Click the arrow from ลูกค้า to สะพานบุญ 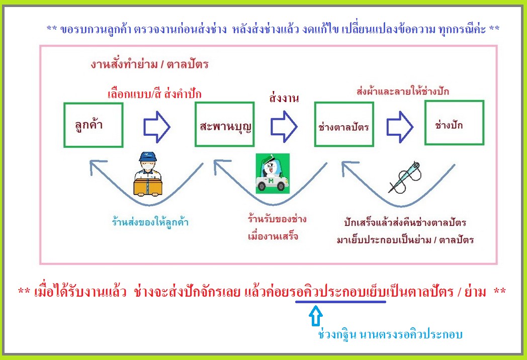pyautogui.click(x=156, y=127)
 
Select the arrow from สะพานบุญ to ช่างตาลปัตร pyautogui.click(x=284, y=127)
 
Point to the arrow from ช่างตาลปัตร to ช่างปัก pyautogui.click(x=400, y=127)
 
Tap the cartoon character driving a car pyautogui.click(x=273, y=173)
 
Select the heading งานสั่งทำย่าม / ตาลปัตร pyautogui.click(x=149, y=64)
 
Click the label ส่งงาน pyautogui.click(x=284, y=98)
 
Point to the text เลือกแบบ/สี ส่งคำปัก pyautogui.click(x=154, y=94)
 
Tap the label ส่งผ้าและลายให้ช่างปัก pyautogui.click(x=403, y=91)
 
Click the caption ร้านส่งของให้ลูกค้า pyautogui.click(x=150, y=222)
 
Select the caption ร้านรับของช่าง pyautogui.click(x=277, y=219)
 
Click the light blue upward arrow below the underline pyautogui.click(x=316, y=316)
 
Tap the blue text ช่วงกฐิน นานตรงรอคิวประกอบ pyautogui.click(x=390, y=334)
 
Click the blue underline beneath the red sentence pyautogui.click(x=340, y=302)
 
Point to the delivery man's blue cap pyautogui.click(x=147, y=156)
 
